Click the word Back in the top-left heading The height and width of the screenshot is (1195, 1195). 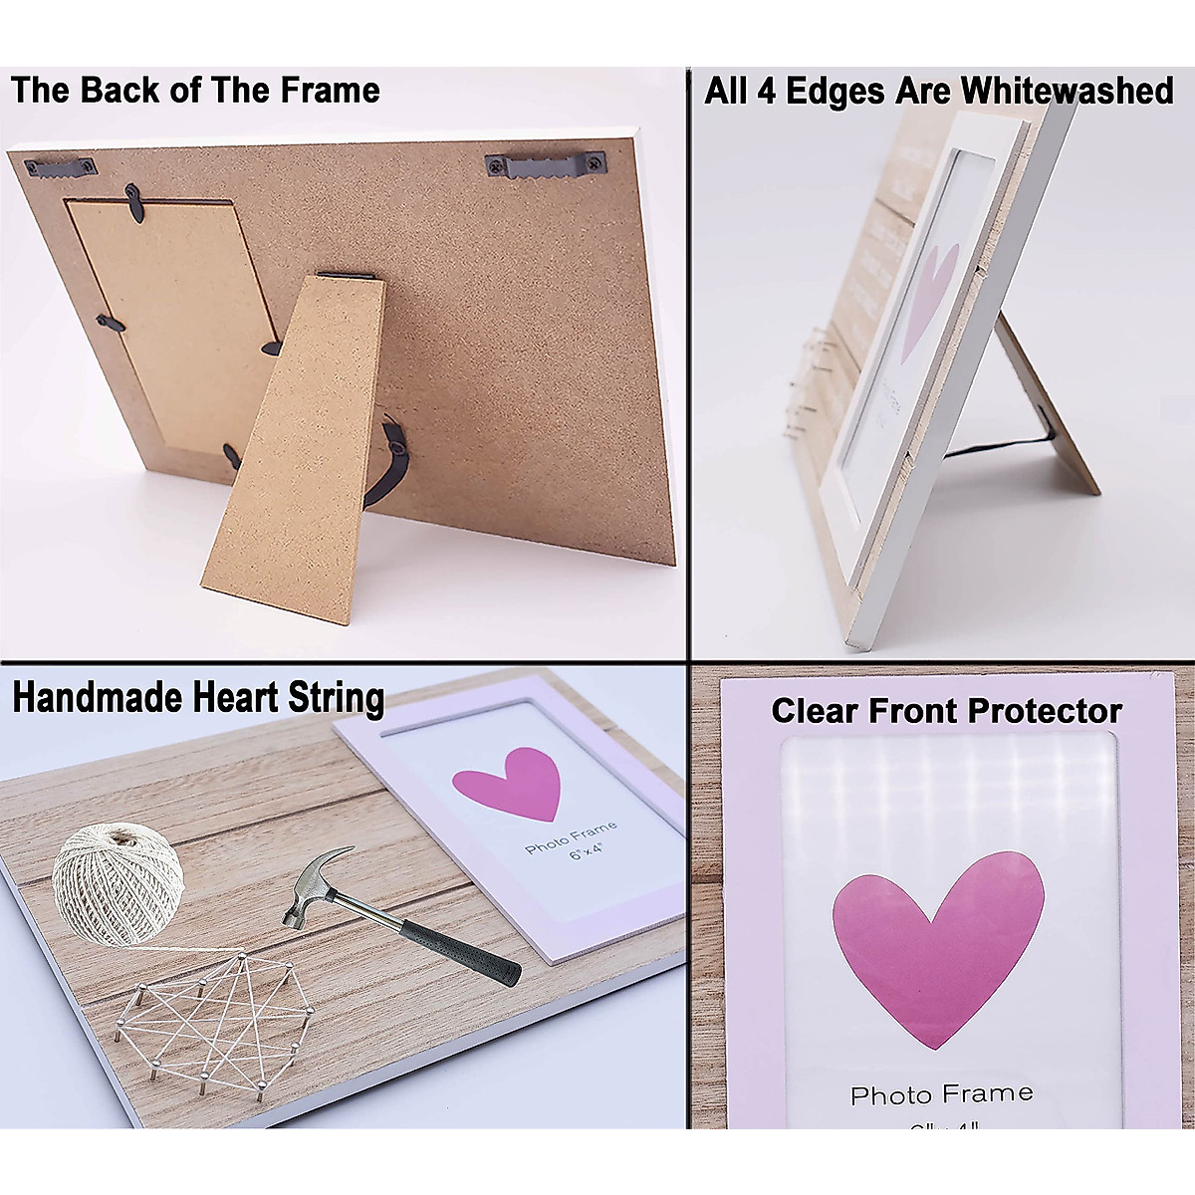[x=118, y=91]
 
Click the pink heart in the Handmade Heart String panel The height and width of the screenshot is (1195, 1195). [x=505, y=783]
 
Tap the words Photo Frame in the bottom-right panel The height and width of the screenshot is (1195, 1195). [x=941, y=1095]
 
